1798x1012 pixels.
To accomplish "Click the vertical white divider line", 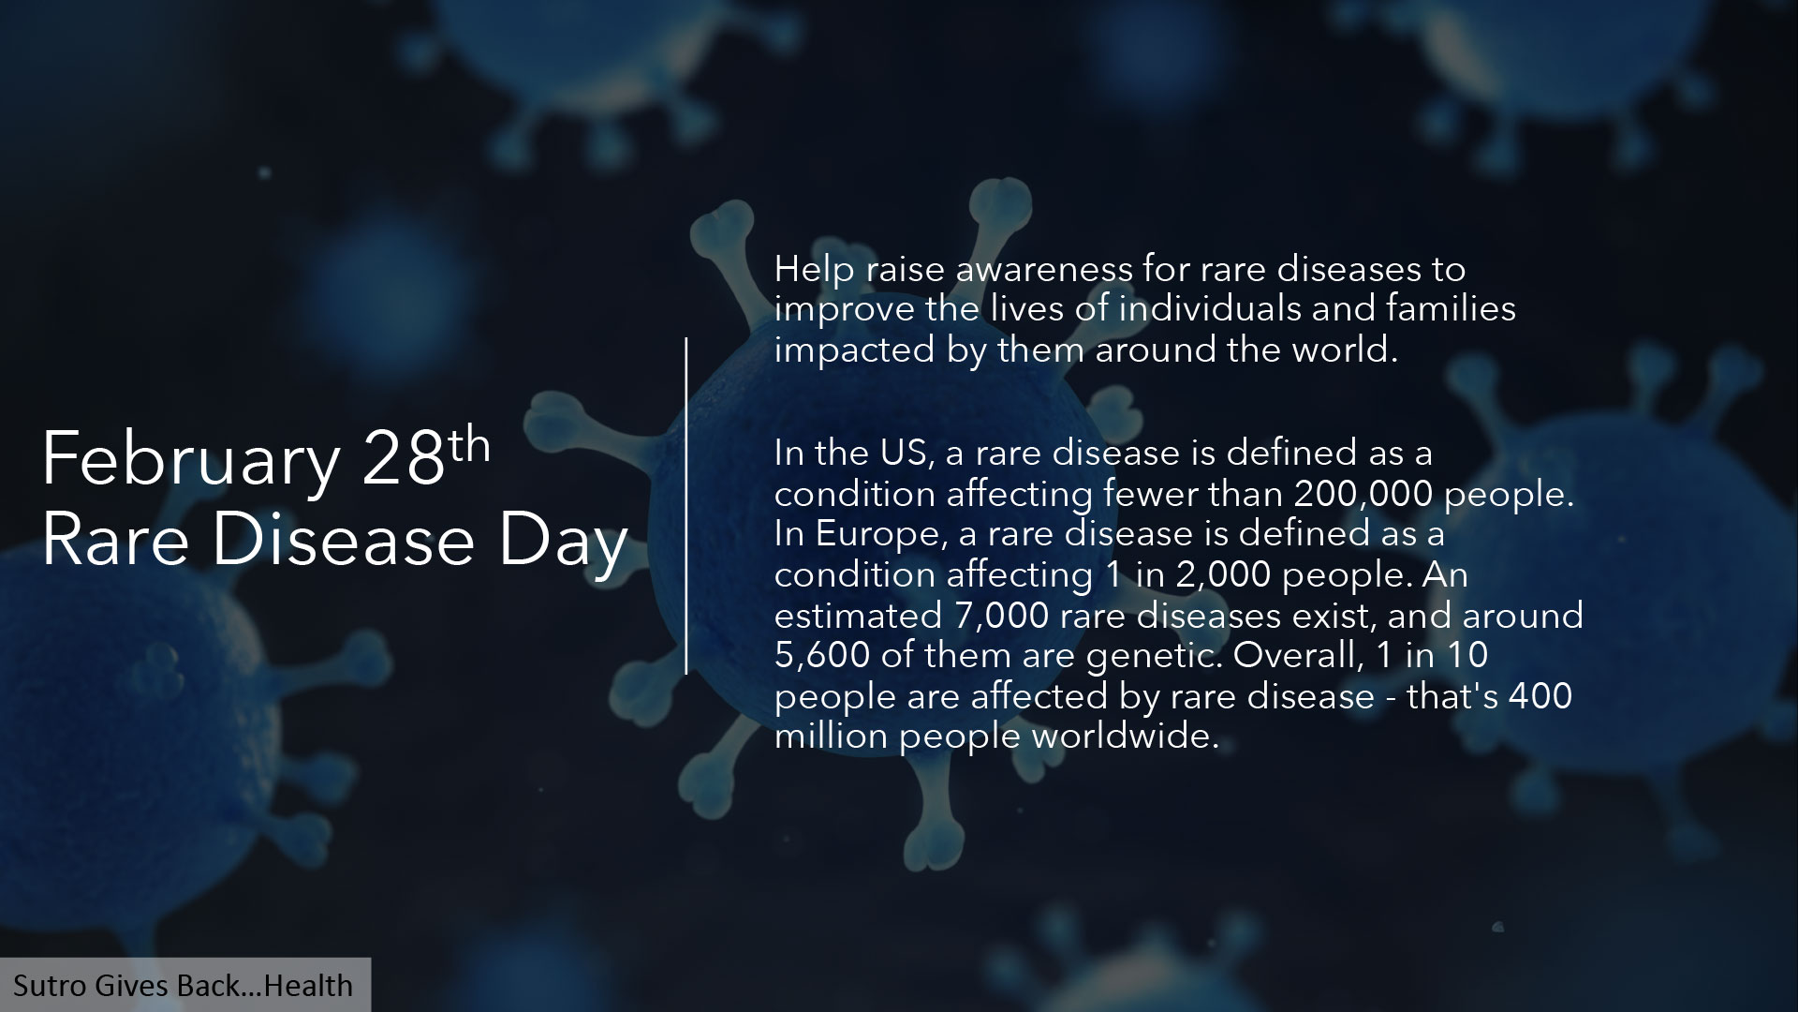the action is pos(686,506).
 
